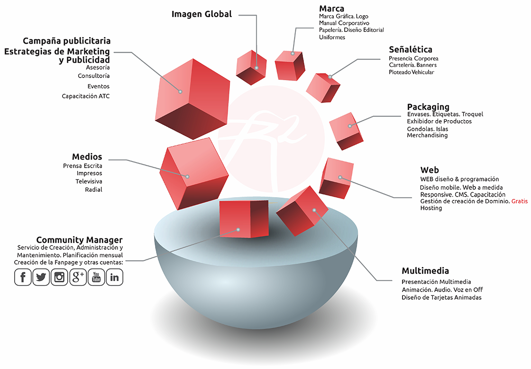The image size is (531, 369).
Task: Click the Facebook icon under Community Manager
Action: [23, 277]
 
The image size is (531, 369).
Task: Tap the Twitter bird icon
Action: [41, 277]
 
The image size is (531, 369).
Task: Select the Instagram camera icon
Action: [59, 277]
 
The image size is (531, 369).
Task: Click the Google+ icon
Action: [78, 277]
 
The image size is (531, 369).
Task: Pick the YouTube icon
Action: [96, 277]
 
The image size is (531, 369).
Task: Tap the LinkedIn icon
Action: [114, 277]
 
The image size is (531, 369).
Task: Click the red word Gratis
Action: [519, 201]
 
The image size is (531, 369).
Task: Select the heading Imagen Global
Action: [201, 14]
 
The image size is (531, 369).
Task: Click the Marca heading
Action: [331, 9]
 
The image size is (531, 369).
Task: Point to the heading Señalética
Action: [410, 49]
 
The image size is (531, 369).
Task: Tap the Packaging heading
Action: [428, 107]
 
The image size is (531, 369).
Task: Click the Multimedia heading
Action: [425, 271]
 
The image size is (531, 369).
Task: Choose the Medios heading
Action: [87, 157]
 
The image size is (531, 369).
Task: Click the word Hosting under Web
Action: [431, 208]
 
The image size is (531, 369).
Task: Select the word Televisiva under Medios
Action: [89, 181]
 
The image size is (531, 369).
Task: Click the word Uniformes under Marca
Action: [332, 37]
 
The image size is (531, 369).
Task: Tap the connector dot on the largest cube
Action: [180, 91]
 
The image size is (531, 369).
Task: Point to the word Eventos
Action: [98, 86]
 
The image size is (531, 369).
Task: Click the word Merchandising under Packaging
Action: [427, 135]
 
